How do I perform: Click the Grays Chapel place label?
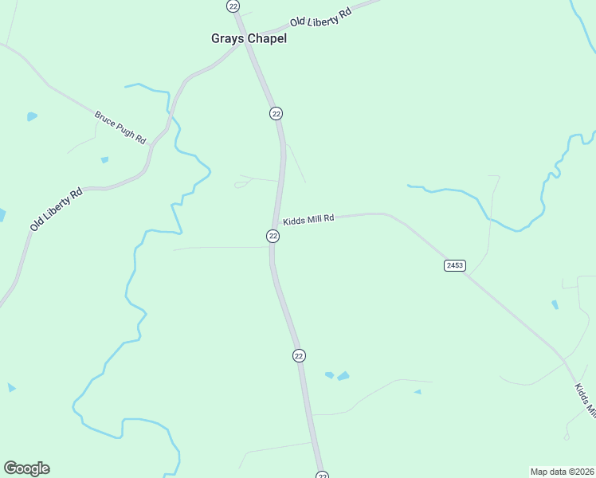coord(248,38)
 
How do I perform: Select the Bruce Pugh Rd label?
coord(120,127)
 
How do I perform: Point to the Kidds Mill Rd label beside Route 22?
coord(308,218)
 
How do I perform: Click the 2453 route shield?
coord(454,265)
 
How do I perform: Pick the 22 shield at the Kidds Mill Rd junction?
coord(273,236)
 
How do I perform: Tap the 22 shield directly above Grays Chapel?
coord(233,6)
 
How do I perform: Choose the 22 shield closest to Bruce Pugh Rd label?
coord(276,113)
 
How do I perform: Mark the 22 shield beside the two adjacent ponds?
coord(299,355)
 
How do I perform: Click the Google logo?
coord(26,468)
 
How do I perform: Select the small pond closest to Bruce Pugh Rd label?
coord(104,160)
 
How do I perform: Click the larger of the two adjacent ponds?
coord(343,375)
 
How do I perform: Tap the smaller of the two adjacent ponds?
coord(329,374)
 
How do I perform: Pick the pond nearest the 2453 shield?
coord(555,304)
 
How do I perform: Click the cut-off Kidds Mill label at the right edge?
coord(586,398)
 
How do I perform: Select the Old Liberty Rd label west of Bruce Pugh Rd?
coord(57,209)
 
